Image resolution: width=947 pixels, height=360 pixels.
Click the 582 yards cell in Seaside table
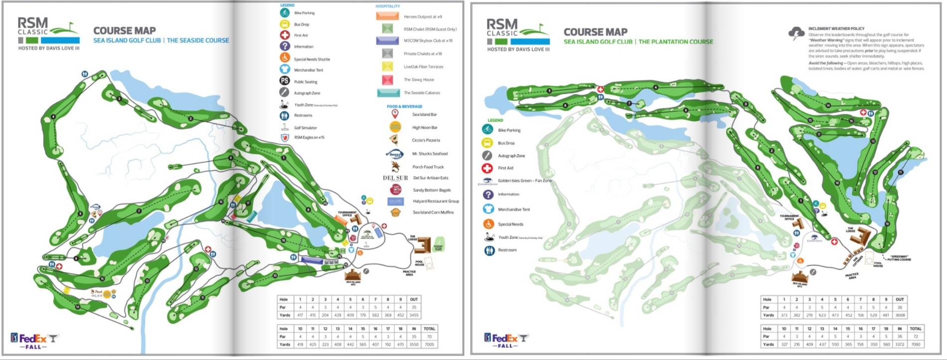click(375, 315)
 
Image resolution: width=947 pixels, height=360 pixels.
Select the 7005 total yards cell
click(429, 344)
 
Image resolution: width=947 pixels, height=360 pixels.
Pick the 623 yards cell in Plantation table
click(822, 315)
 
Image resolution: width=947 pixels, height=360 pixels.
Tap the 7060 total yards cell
click(916, 344)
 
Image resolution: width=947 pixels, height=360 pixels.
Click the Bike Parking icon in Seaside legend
click(285, 12)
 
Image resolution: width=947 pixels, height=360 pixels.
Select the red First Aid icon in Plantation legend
click(487, 168)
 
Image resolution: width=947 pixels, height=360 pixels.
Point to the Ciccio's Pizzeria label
click(426, 140)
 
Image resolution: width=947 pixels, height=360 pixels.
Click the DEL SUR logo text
click(395, 178)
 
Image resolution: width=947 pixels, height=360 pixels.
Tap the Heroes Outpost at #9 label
click(423, 16)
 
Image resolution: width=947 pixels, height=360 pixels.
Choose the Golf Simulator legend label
click(305, 128)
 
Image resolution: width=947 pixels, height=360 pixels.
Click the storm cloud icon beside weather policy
click(796, 33)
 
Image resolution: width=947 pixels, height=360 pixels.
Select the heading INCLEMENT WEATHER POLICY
click(836, 28)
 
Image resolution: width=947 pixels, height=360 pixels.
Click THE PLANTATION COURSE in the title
click(675, 42)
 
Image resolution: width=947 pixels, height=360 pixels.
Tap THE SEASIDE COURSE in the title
click(198, 40)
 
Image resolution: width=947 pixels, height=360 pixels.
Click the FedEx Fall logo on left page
click(34, 340)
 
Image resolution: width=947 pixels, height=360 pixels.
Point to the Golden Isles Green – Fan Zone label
click(524, 180)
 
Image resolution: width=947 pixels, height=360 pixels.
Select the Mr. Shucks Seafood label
click(430, 154)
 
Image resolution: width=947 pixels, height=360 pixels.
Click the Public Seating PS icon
click(284, 81)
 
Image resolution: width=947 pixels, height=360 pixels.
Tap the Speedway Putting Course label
click(900, 258)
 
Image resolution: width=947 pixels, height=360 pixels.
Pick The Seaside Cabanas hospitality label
click(422, 93)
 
